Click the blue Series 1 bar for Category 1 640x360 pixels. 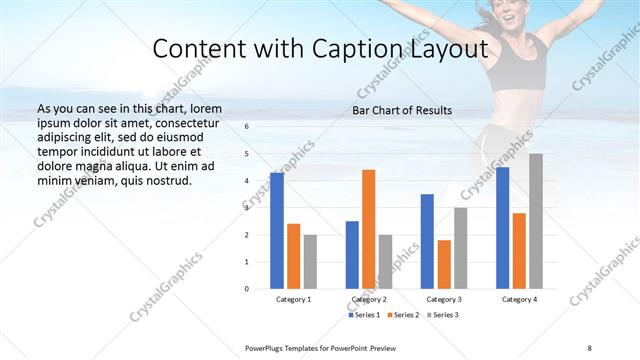point(277,230)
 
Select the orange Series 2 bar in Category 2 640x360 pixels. point(368,229)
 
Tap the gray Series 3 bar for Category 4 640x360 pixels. point(536,221)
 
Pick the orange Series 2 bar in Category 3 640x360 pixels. point(444,264)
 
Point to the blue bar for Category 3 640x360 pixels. point(427,241)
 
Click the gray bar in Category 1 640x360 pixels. point(310,261)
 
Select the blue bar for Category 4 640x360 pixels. point(502,227)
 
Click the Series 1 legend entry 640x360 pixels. point(363,315)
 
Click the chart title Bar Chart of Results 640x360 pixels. point(402,110)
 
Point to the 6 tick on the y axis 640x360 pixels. point(247,127)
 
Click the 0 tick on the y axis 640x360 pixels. point(247,288)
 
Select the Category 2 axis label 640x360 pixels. point(368,299)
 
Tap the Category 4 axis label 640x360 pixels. point(519,299)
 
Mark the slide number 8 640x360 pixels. point(589,347)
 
